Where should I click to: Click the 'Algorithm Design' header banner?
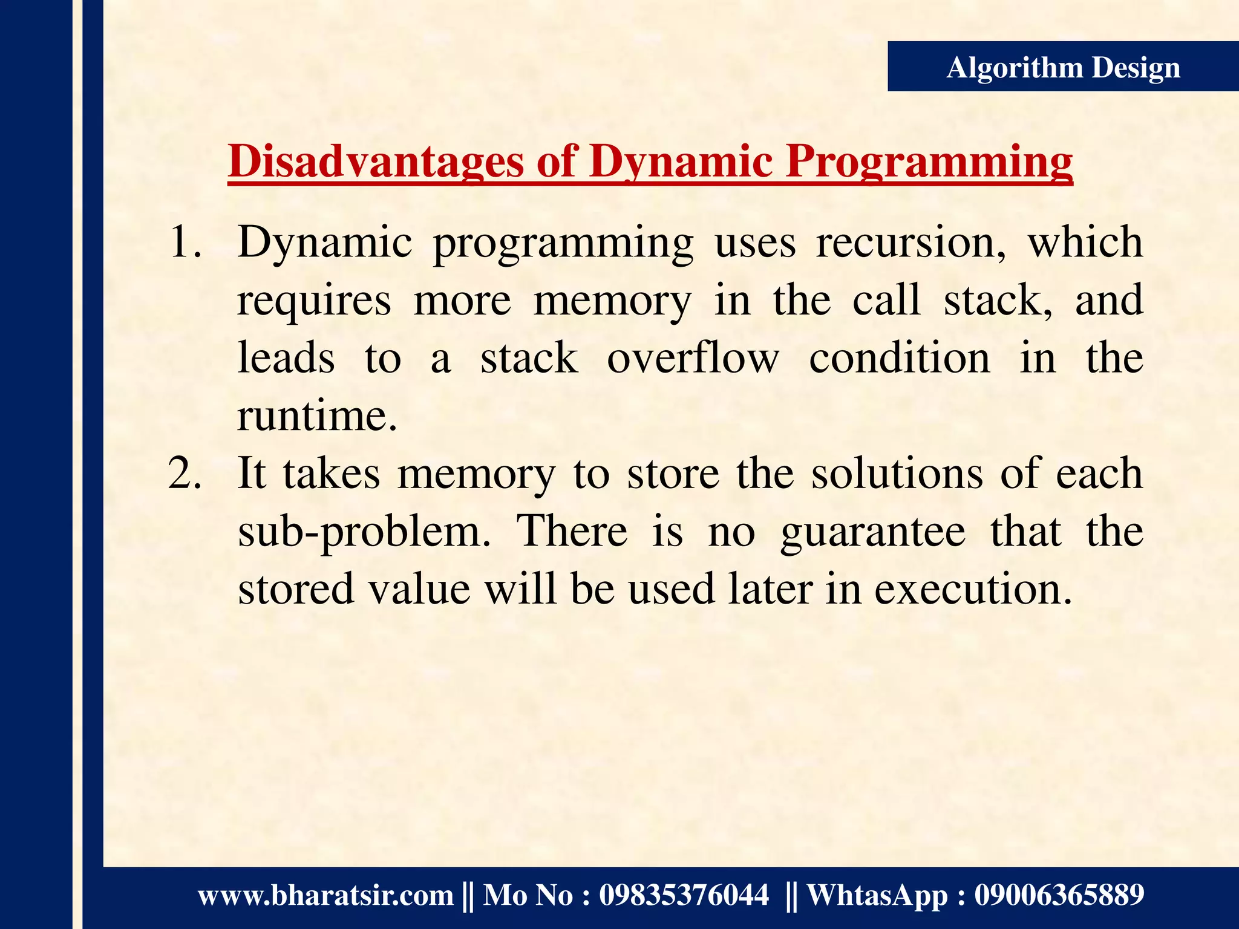pos(1062,67)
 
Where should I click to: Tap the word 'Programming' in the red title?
pos(929,161)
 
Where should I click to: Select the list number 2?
pos(185,474)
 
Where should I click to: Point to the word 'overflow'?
pos(693,359)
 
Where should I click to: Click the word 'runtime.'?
pos(317,417)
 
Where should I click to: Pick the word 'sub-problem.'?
pos(364,532)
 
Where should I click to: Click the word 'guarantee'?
pos(872,532)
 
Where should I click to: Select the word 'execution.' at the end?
pos(973,590)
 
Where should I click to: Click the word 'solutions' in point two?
pos(897,474)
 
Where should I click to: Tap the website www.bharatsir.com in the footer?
pos(325,895)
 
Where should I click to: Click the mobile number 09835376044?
pos(684,895)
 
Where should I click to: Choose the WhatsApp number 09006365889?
pos(1059,895)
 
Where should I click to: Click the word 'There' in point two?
pos(572,532)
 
